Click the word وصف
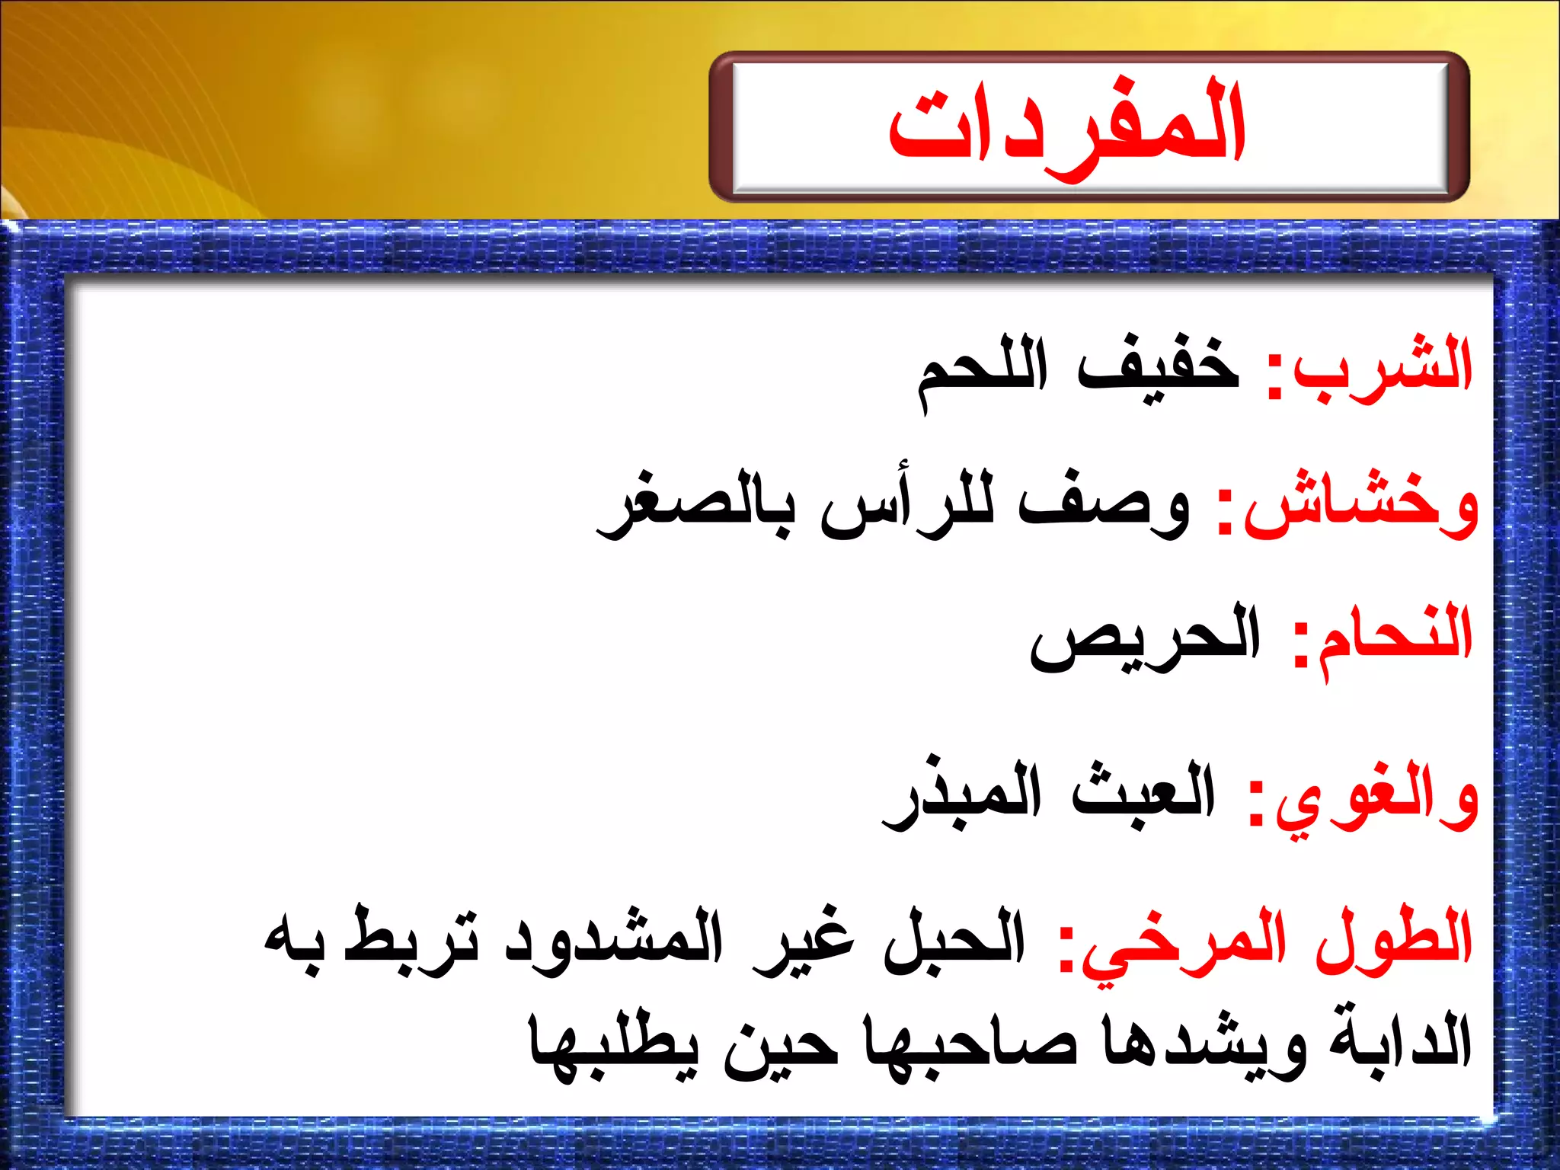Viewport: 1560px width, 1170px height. [1104, 507]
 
